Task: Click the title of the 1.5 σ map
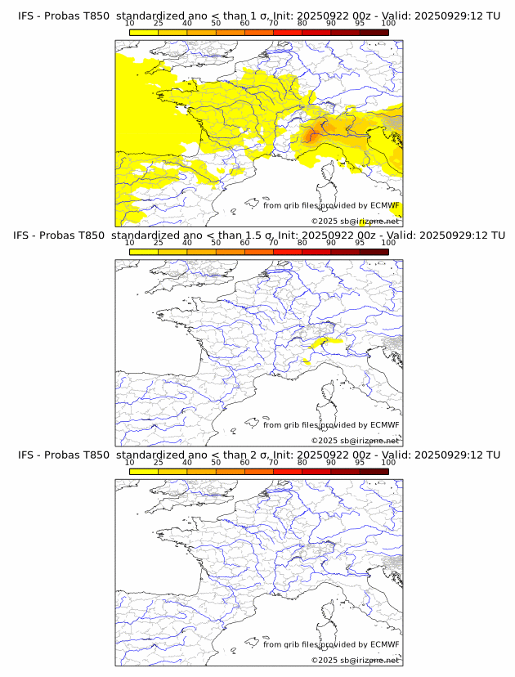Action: coord(258,235)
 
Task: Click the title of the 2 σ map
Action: coord(258,455)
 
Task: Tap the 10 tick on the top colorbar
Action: coord(130,23)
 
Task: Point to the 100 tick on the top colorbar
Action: coord(388,23)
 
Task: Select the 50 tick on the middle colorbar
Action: coord(216,243)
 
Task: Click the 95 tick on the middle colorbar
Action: coord(360,243)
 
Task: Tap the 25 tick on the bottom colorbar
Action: coord(159,462)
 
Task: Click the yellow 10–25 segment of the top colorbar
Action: coord(144,32)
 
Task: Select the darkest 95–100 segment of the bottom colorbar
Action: coord(374,471)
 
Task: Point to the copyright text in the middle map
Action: coord(356,441)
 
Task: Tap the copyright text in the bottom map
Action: coord(356,660)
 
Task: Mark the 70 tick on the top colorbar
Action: coord(273,23)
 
